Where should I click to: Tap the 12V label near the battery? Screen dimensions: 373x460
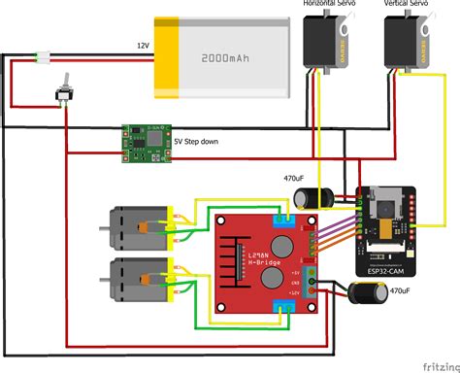click(x=144, y=46)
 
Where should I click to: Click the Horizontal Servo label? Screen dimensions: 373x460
click(x=327, y=5)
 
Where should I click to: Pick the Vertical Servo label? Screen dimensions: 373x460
click(x=408, y=5)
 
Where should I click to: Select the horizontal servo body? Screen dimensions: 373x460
click(x=325, y=44)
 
